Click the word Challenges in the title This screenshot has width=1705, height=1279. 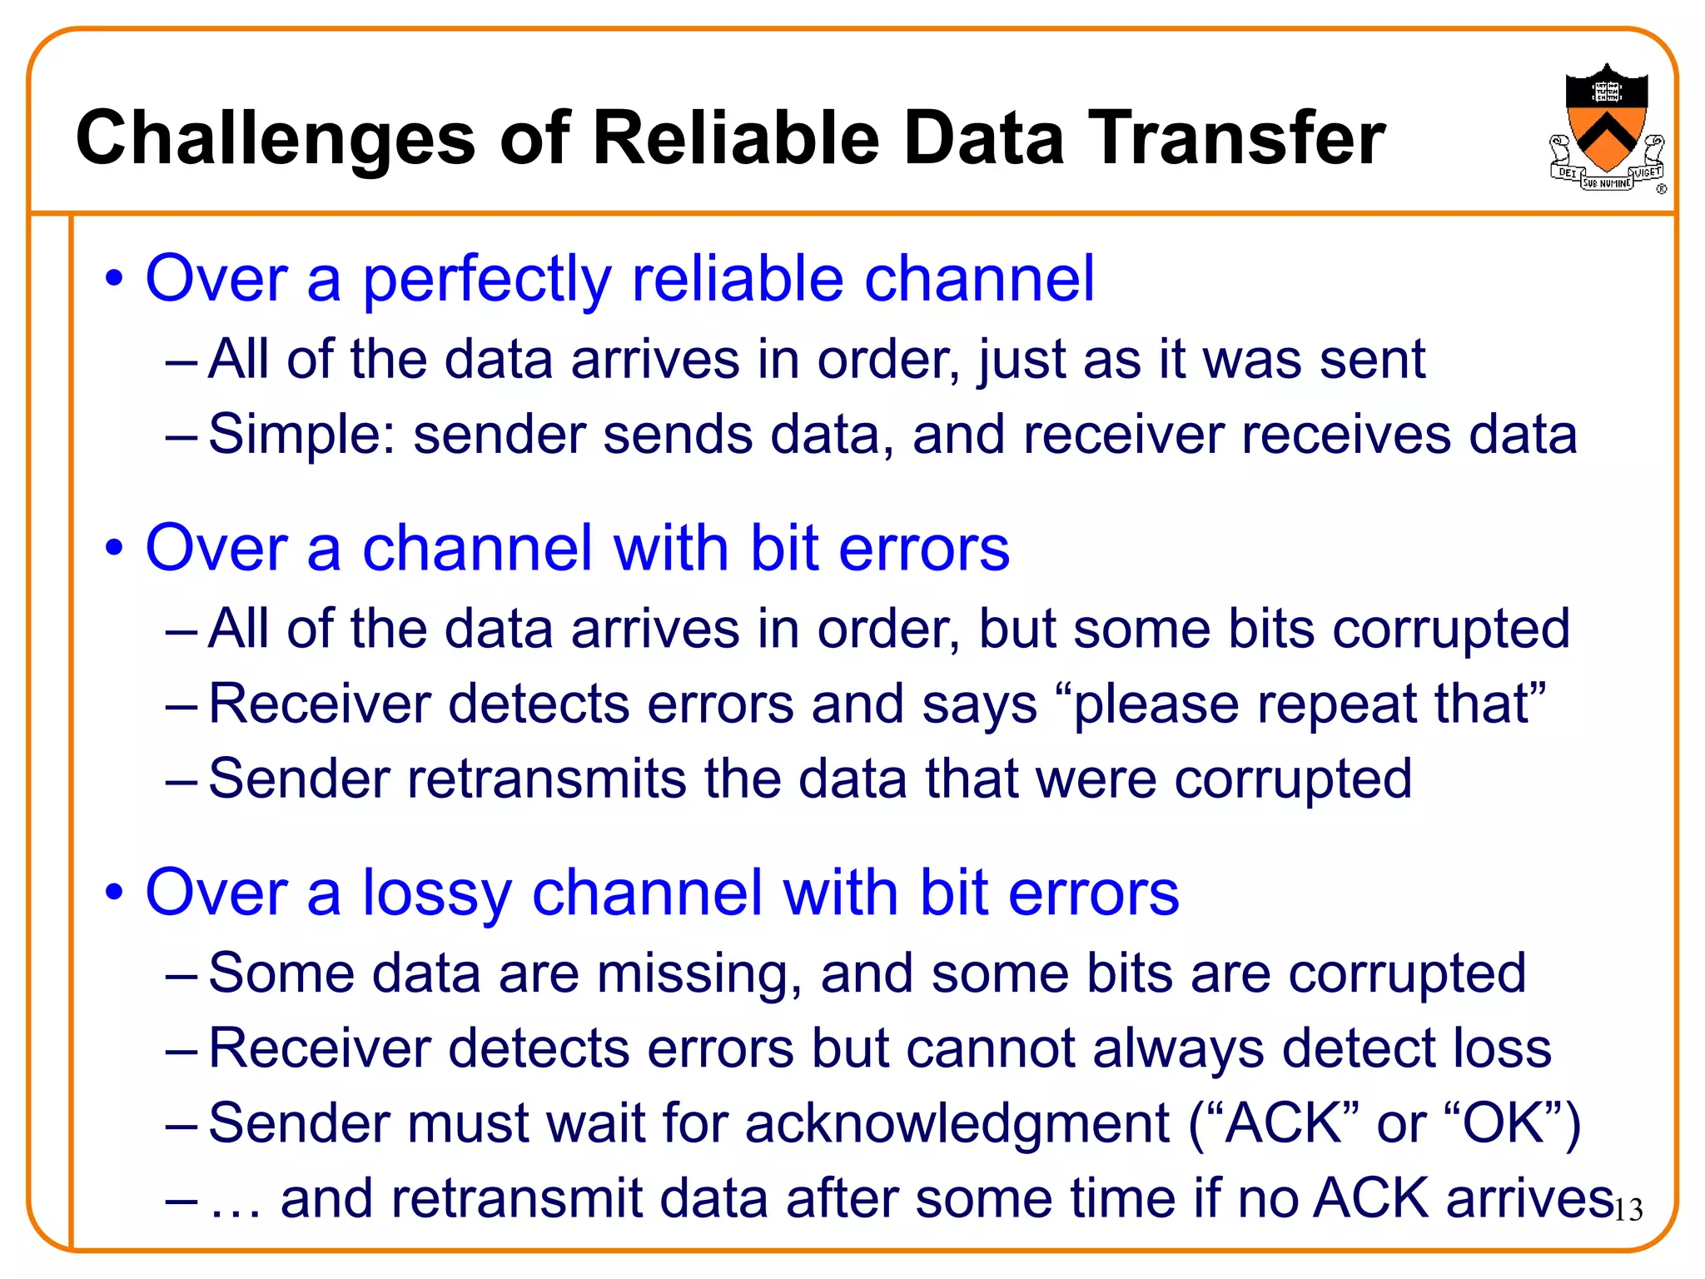[276, 138]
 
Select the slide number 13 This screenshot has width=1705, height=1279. [1628, 1210]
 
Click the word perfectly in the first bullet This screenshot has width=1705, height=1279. [487, 279]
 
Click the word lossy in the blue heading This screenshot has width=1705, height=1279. [436, 893]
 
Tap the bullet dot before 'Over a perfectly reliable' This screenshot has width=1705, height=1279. [114, 279]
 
